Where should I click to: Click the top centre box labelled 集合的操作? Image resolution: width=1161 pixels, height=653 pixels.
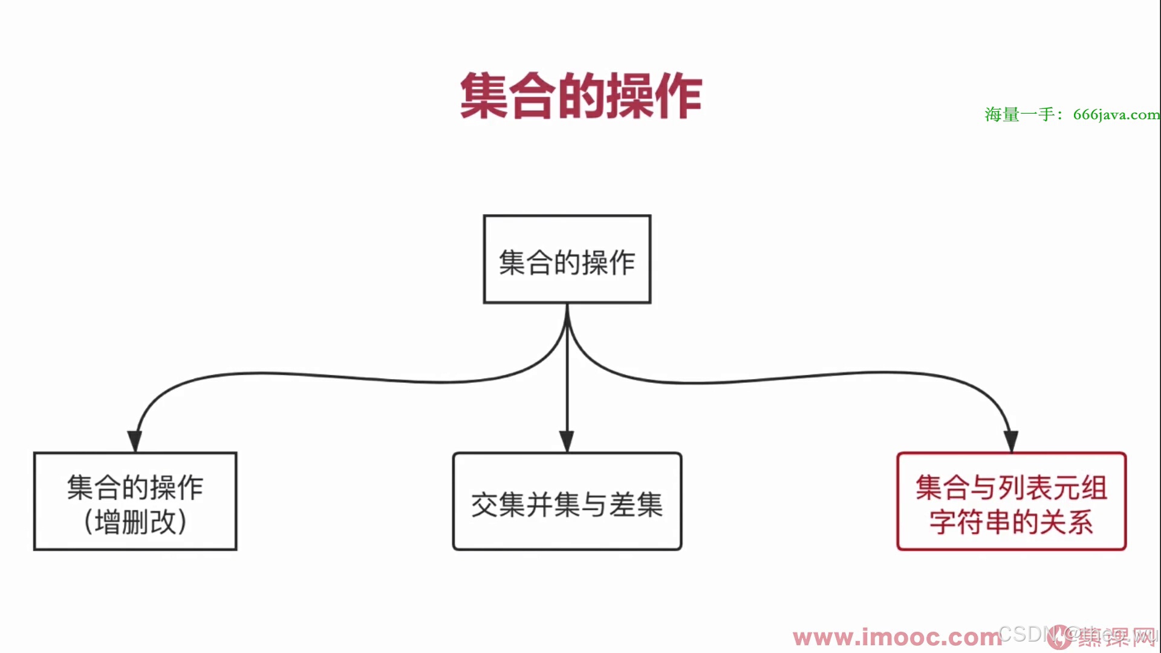pos(567,259)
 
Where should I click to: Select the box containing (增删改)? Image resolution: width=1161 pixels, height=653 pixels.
pos(135,501)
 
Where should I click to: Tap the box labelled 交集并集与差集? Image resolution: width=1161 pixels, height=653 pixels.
pos(567,501)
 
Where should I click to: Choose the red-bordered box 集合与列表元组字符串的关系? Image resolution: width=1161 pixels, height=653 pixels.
pos(1011,501)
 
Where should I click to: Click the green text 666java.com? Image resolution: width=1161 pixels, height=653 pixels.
pos(1116,114)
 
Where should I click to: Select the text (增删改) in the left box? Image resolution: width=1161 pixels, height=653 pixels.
pos(135,522)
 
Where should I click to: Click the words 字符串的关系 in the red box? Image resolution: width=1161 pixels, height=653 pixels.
pos(1011,522)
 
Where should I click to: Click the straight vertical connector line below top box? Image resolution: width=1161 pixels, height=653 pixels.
pos(567,375)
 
